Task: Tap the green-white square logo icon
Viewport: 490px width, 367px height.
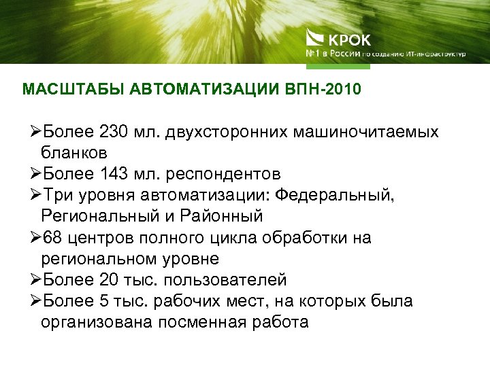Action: [x=316, y=39]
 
